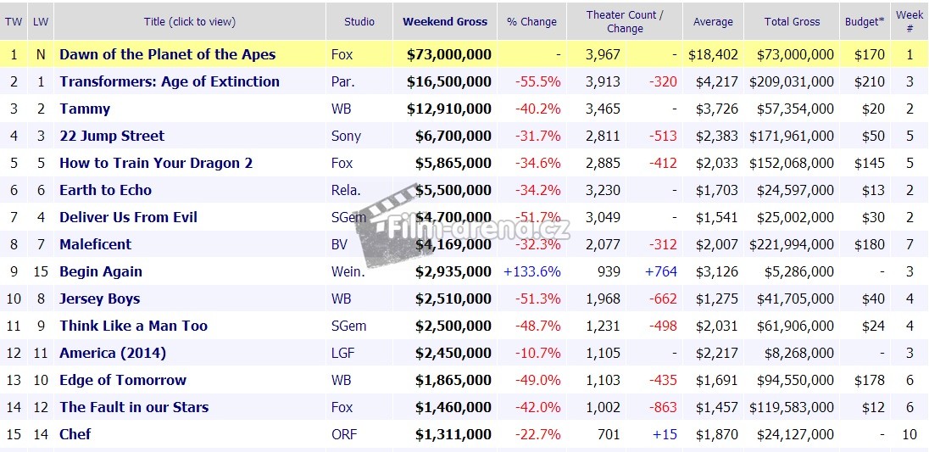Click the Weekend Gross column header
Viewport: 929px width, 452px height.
pos(444,22)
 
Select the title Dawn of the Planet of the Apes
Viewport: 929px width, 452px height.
pos(167,54)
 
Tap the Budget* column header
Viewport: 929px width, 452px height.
pos(864,22)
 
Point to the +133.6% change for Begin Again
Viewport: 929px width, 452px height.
pos(531,271)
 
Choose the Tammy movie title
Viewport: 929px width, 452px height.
pos(85,109)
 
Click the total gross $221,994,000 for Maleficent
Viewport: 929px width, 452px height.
pos(792,244)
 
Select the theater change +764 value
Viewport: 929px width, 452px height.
pos(661,271)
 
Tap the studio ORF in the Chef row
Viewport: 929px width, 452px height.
pos(344,434)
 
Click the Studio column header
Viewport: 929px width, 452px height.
pos(359,22)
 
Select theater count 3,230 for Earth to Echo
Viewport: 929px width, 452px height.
pos(603,190)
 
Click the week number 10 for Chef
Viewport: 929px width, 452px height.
pos(910,434)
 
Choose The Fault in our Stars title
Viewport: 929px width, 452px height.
pos(134,407)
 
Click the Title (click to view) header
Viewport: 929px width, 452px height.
pos(189,22)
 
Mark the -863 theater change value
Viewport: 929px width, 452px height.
pos(662,407)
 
